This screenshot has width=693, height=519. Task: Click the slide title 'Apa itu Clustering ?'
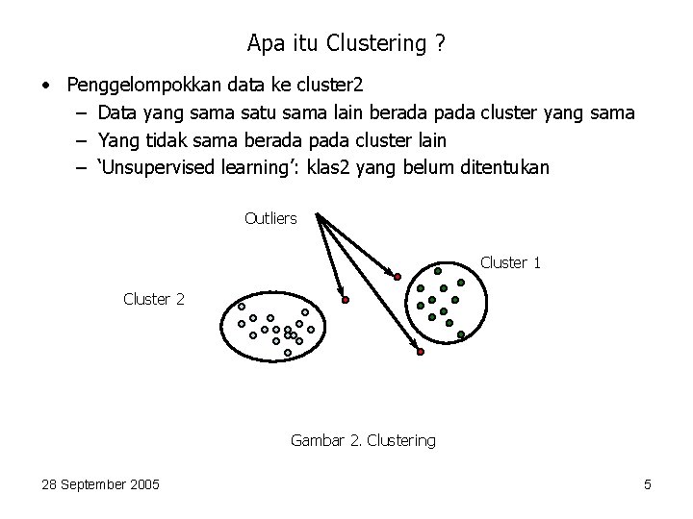pos(346,43)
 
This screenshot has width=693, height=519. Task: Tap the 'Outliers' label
pos(270,218)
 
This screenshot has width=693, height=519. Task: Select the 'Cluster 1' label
pos(510,262)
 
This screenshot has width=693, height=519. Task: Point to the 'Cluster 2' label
pos(153,299)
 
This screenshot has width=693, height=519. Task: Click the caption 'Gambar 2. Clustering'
pos(362,440)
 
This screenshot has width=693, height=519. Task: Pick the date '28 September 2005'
pos(101,484)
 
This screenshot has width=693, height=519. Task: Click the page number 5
pos(648,484)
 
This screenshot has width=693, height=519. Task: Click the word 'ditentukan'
pos(500,168)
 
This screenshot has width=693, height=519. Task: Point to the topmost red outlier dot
pos(398,277)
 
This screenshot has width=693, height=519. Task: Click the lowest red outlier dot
pos(420,354)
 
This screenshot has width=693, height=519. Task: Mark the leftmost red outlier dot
pos(345,300)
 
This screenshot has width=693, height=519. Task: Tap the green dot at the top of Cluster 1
pos(438,271)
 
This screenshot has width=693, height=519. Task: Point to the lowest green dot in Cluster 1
pos(462,334)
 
